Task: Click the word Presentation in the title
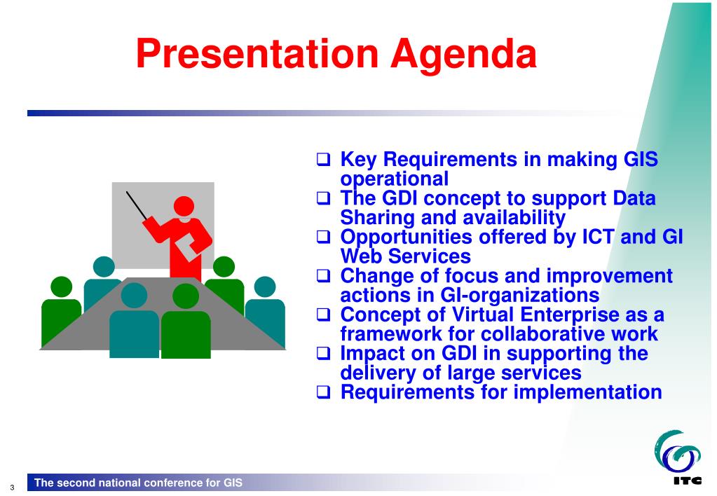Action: point(257,53)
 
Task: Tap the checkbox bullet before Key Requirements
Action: point(323,160)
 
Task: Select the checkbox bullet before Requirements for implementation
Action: point(323,392)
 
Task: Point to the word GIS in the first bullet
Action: point(641,159)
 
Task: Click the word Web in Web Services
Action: point(361,256)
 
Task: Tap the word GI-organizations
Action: point(519,296)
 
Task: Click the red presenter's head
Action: point(184,206)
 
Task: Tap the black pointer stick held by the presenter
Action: point(137,206)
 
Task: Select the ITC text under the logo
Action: point(688,481)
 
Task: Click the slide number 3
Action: point(12,488)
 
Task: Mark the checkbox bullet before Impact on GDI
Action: point(323,353)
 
